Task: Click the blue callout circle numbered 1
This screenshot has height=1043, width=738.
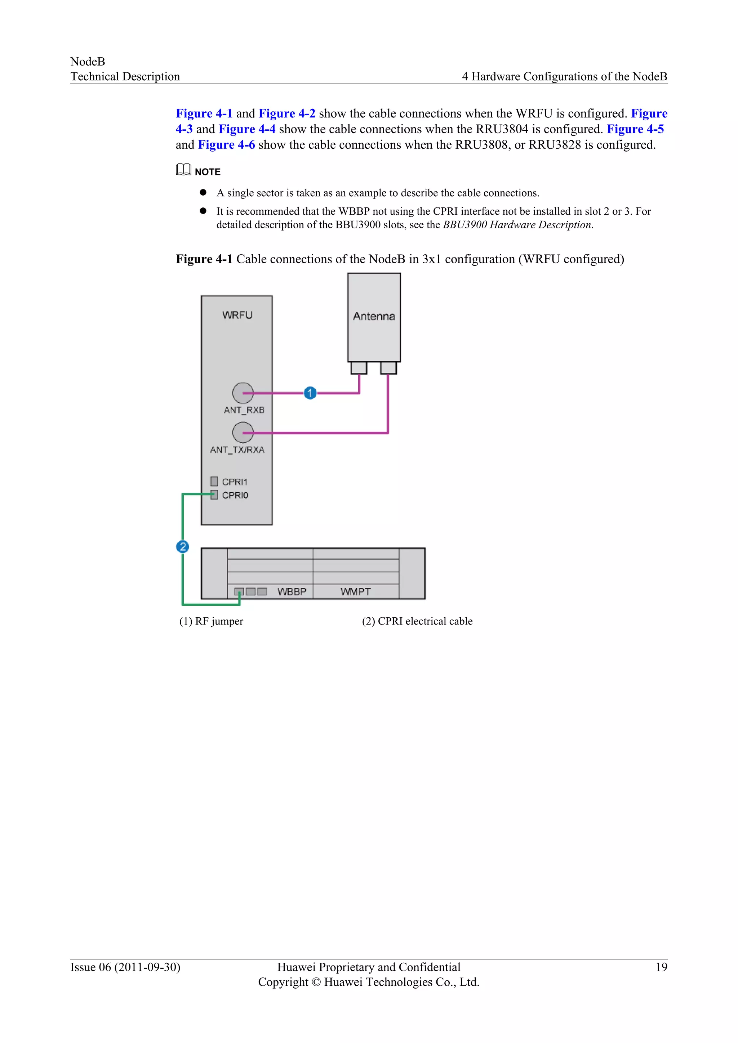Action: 310,393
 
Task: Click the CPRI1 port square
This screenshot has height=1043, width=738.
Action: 214,481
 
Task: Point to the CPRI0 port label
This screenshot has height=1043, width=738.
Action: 235,495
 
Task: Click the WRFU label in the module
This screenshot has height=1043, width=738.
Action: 237,315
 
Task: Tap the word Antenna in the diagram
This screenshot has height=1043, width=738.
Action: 374,316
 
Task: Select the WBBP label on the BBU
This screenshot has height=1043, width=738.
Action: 292,591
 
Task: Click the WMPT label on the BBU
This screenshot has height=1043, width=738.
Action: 355,591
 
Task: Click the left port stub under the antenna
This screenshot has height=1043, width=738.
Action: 359,367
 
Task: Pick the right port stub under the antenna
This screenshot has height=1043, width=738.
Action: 388,367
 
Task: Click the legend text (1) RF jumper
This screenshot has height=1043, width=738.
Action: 211,621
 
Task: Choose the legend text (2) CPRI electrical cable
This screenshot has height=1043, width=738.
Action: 417,621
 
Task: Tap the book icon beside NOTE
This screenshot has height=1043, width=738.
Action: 183,170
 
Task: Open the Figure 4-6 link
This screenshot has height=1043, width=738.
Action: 226,145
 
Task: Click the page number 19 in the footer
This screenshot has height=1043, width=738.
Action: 661,967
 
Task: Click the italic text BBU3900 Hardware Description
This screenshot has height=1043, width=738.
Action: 517,225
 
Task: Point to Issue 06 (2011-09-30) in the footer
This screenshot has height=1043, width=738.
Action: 125,967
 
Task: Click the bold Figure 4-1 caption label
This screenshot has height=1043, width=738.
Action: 204,259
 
